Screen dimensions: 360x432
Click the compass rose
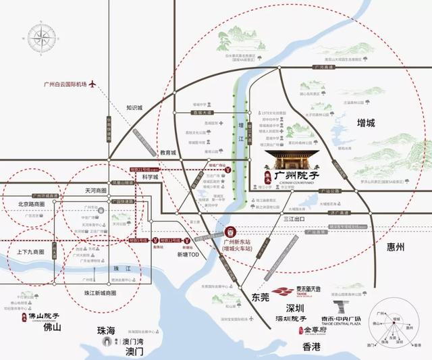[x=42, y=38]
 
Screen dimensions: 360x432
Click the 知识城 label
[x=135, y=107]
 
